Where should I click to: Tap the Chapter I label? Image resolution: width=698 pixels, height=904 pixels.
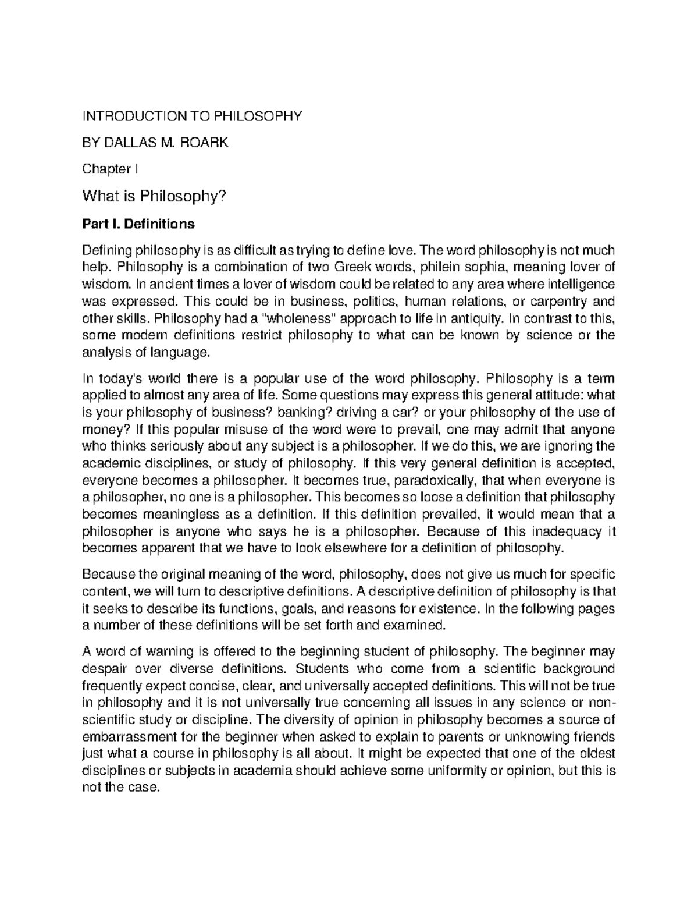tap(110, 169)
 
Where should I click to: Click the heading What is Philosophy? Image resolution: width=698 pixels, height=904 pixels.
tap(154, 197)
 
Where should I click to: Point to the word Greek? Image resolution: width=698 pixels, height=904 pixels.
tap(353, 267)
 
